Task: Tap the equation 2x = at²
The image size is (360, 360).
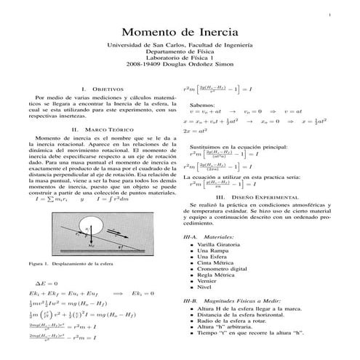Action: pyautogui.click(x=196, y=131)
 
